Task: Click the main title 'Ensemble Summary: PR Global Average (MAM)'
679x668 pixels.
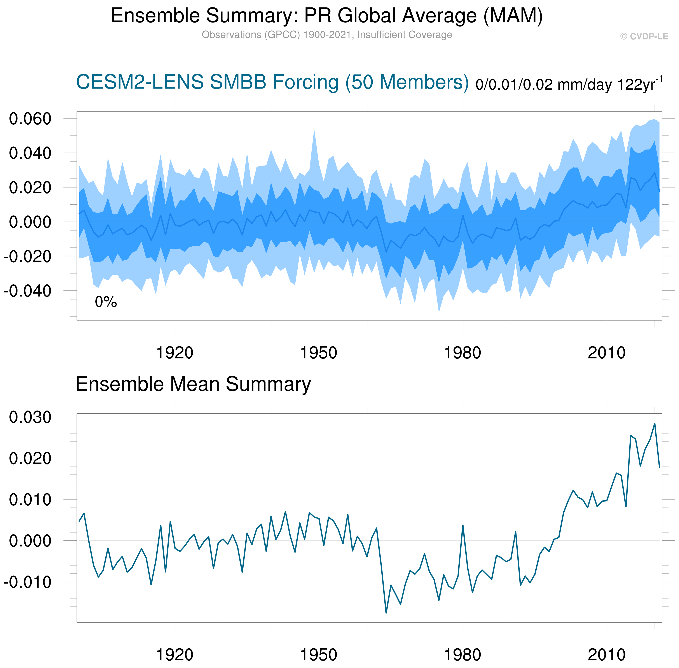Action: click(x=326, y=16)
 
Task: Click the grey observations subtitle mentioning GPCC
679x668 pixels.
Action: click(x=326, y=35)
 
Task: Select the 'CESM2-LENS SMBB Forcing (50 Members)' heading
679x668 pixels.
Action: click(x=272, y=82)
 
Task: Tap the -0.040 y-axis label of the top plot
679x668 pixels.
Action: click(x=27, y=291)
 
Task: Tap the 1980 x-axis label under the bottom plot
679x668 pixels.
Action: click(x=463, y=655)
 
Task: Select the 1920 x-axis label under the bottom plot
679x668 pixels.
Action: click(x=175, y=655)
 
